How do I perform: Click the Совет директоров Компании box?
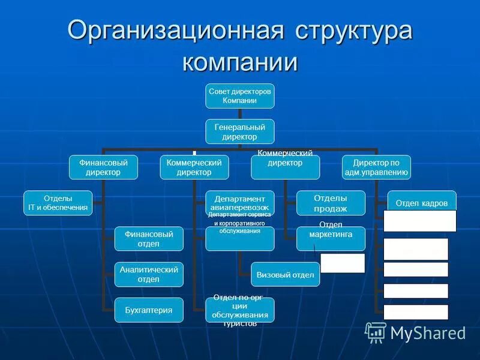[x=240, y=96]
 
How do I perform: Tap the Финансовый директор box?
[x=104, y=167]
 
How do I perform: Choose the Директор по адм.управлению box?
[x=376, y=167]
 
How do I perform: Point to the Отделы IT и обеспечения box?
[x=58, y=203]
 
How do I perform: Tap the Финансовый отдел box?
[x=149, y=238]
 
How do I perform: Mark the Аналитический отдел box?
[x=149, y=274]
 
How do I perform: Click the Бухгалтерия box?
[x=149, y=310]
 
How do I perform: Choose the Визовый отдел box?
[x=285, y=274]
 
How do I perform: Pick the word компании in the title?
[x=240, y=62]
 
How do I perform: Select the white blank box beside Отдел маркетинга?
[x=343, y=263]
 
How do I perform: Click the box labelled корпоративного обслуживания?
[x=240, y=238]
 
